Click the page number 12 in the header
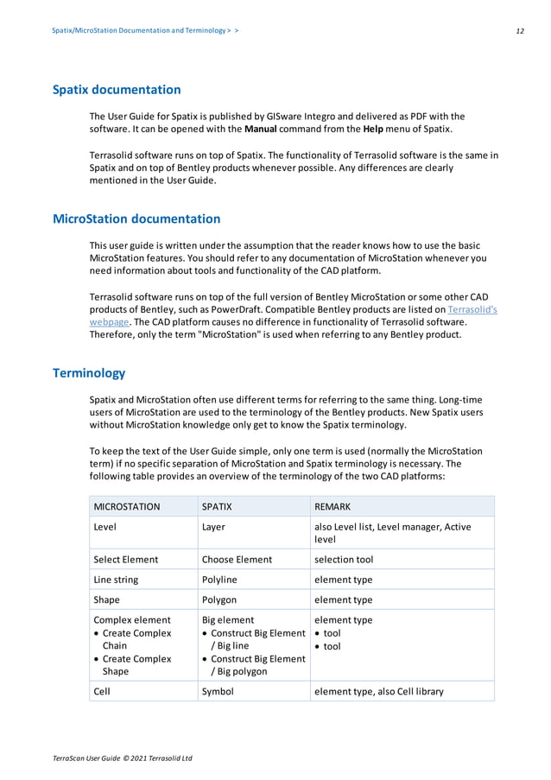(x=519, y=30)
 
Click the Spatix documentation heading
(x=117, y=90)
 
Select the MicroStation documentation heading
(x=136, y=219)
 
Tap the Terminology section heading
(x=89, y=373)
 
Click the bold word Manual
(x=262, y=130)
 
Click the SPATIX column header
(x=216, y=506)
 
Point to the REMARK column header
(x=332, y=506)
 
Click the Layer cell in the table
(x=213, y=527)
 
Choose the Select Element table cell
(x=126, y=559)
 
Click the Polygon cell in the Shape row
(x=218, y=599)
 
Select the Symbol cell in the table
(x=218, y=691)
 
